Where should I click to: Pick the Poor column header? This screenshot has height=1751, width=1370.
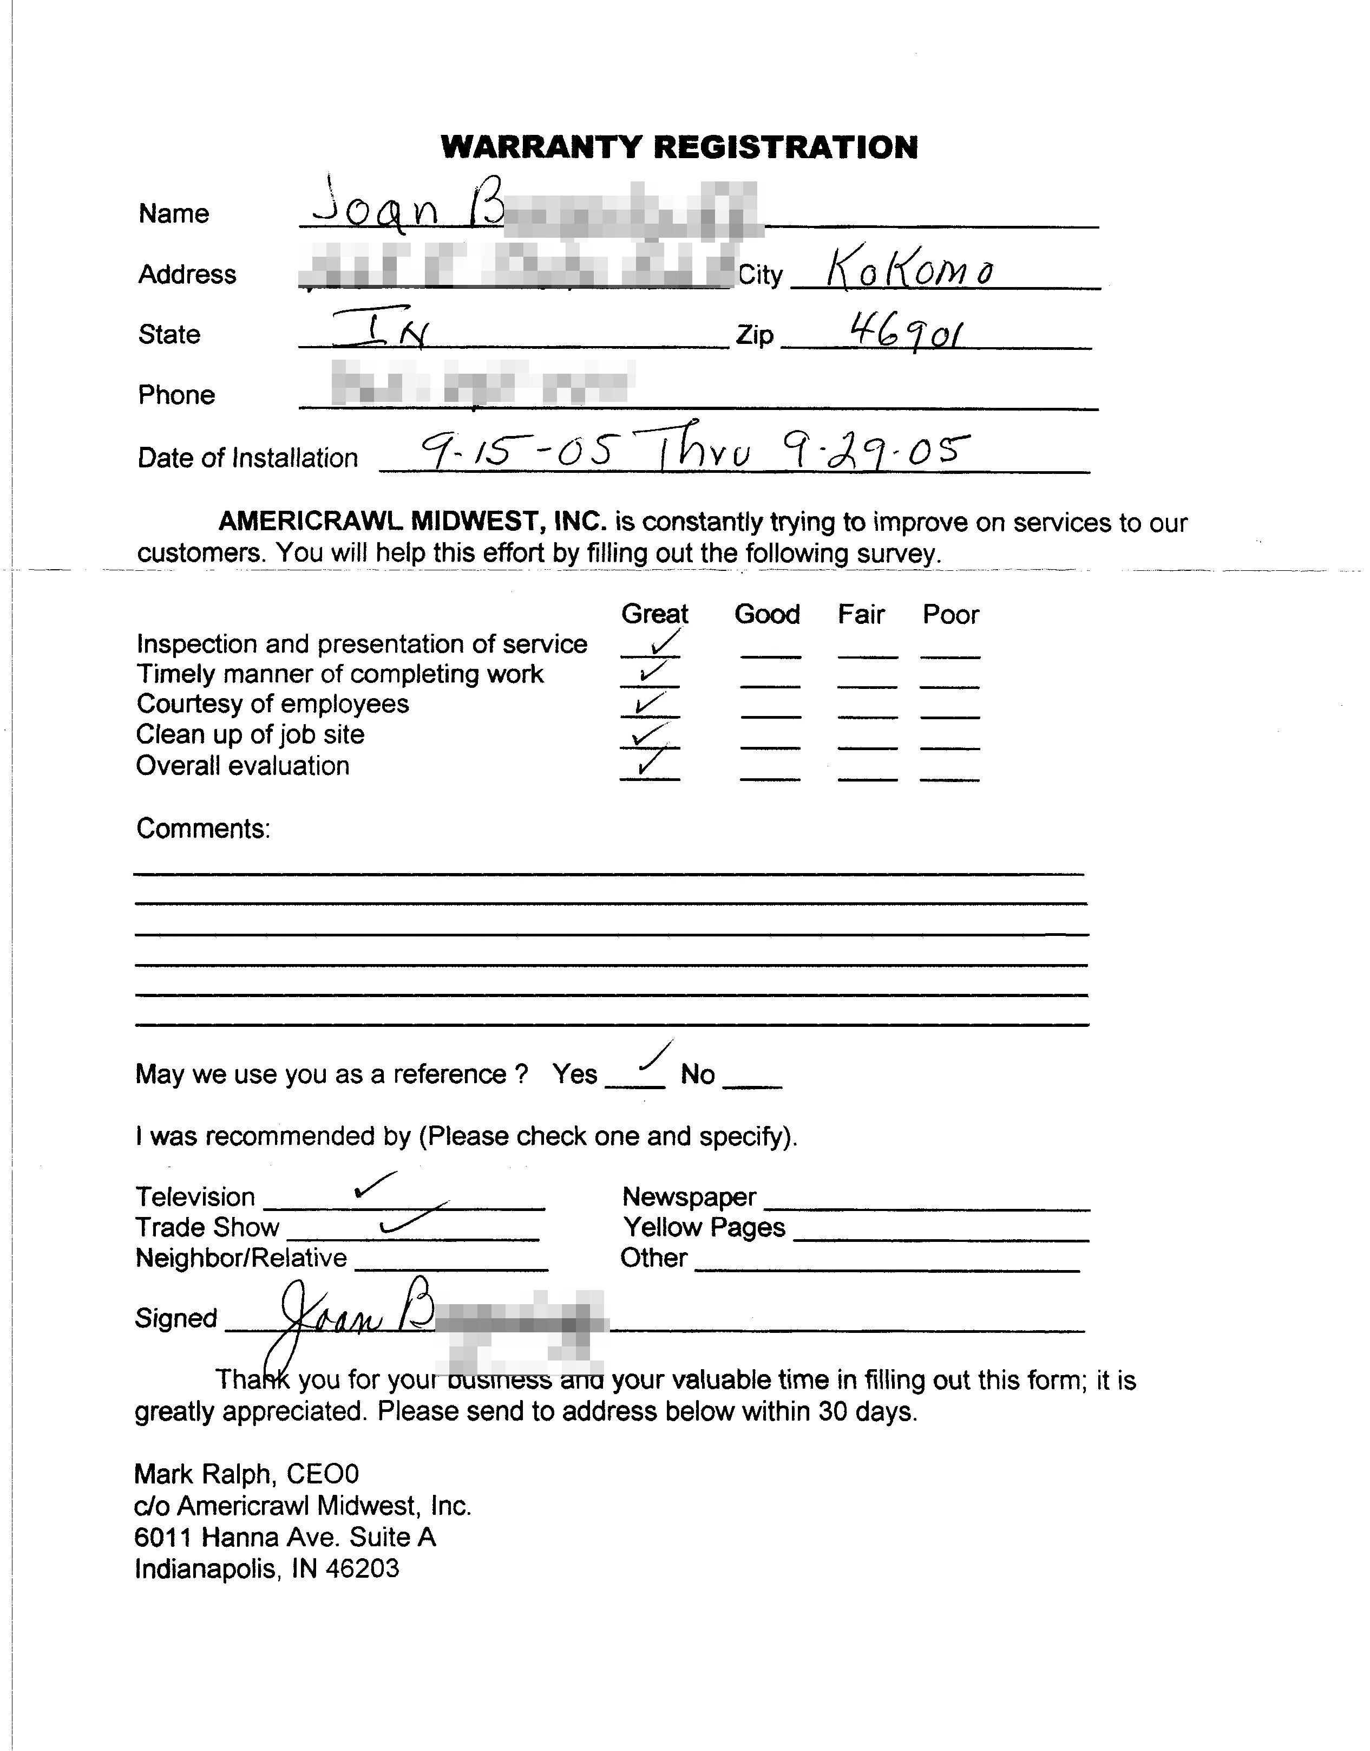tap(951, 615)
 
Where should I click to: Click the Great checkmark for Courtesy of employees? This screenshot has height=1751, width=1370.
tap(648, 704)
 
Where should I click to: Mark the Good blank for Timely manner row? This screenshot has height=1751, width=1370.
tap(770, 684)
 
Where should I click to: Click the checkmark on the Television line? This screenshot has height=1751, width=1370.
tap(374, 1184)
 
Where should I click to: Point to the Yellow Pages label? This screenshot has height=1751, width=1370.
tap(704, 1227)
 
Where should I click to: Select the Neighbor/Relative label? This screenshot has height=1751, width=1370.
tap(241, 1258)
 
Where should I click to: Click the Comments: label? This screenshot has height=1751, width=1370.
tap(203, 828)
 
